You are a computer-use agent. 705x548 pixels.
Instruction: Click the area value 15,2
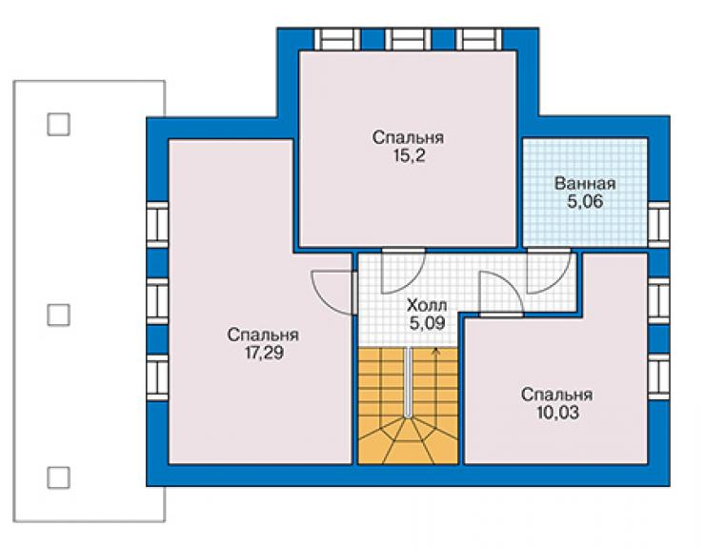[409, 156]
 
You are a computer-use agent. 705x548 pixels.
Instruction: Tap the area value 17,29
[264, 354]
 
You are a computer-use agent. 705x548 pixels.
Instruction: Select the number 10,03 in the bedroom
[557, 413]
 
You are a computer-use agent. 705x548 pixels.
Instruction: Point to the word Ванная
[585, 184]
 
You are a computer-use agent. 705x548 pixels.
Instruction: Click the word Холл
[427, 306]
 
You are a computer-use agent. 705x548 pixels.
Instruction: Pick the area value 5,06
[585, 201]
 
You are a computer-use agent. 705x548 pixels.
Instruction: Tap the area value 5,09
[427, 323]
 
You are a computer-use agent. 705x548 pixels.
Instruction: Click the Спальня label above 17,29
[263, 335]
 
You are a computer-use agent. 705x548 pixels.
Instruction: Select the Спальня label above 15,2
[409, 137]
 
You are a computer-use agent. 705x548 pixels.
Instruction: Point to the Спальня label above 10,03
[556, 395]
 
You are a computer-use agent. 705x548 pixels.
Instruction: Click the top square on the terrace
[58, 124]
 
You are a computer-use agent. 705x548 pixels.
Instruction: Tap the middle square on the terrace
[58, 315]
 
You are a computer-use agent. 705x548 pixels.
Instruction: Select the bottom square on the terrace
[58, 477]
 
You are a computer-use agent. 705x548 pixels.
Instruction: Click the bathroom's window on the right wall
[658, 225]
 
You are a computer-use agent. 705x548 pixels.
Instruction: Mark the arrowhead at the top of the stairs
[434, 351]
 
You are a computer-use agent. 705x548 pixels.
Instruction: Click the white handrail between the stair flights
[408, 382]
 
